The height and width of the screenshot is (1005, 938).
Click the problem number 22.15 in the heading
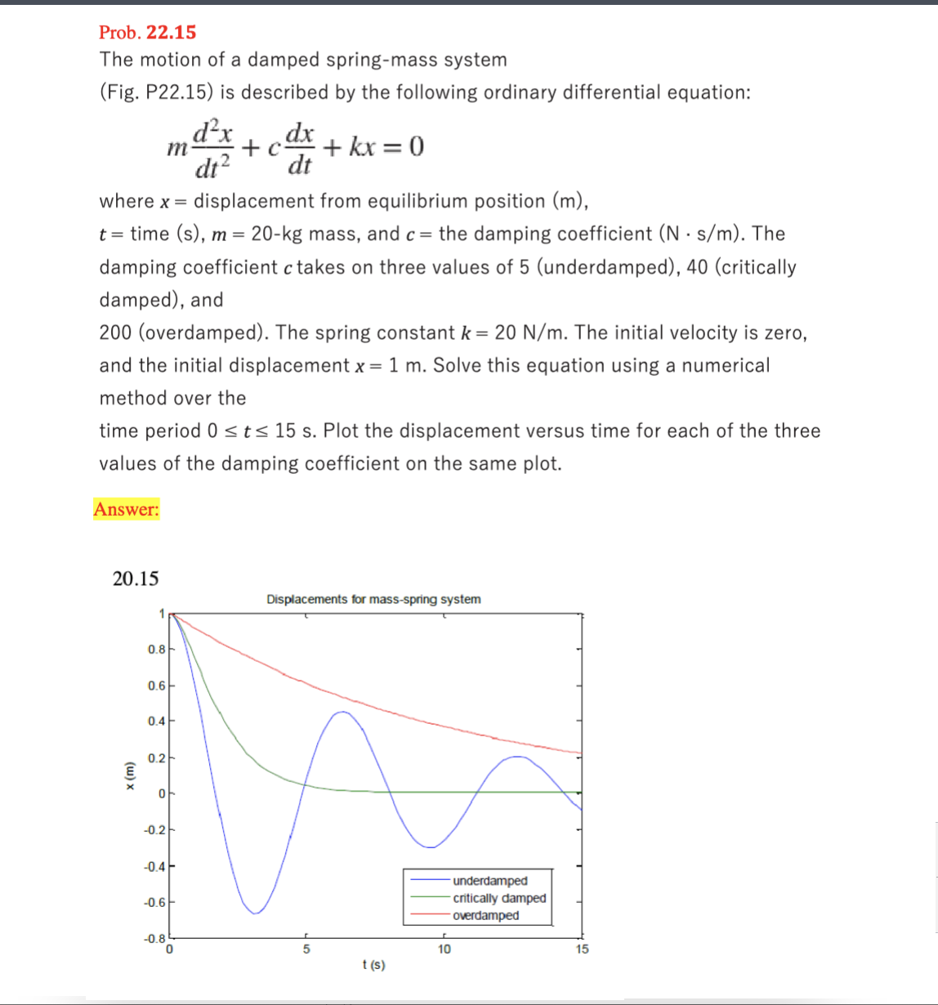171,33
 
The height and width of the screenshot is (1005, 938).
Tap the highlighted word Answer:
127,509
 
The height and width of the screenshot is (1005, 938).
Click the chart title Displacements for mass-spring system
373,599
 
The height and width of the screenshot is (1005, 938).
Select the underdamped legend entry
489,881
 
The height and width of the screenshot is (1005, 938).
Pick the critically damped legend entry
498,898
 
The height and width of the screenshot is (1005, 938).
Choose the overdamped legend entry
485,915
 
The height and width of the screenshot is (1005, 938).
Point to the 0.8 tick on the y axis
156,650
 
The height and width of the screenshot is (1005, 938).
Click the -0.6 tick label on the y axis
154,903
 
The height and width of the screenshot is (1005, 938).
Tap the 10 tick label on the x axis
444,949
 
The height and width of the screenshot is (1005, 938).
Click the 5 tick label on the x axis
306,949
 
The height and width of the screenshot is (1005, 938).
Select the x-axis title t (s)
373,965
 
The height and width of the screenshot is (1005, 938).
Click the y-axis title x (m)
127,775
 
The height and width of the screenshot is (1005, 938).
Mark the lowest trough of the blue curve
255,913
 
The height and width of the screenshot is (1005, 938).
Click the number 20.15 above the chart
136,578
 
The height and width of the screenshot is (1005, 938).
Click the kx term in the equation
362,147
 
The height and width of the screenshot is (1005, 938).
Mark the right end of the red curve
581,753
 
